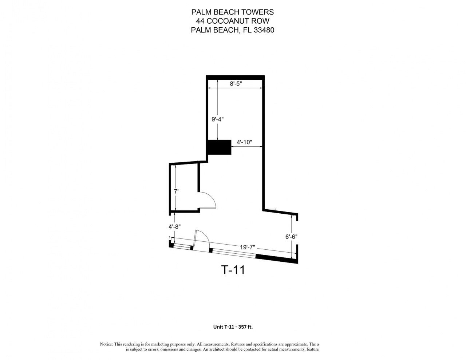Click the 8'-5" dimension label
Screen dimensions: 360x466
pos(236,84)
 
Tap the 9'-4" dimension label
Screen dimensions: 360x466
pos(217,119)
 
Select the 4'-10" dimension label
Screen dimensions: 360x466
pos(244,142)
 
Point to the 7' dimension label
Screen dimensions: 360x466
pos(176,191)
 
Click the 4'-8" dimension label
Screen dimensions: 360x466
pos(175,226)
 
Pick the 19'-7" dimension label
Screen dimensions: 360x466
pos(248,247)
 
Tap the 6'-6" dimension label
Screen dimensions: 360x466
pos(291,236)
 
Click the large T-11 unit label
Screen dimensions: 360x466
pos(233,270)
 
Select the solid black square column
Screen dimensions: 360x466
pos(219,147)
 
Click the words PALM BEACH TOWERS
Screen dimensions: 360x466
pos(233,13)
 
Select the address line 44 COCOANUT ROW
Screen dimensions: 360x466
pos(233,21)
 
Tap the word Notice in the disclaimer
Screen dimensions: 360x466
pos(106,344)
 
